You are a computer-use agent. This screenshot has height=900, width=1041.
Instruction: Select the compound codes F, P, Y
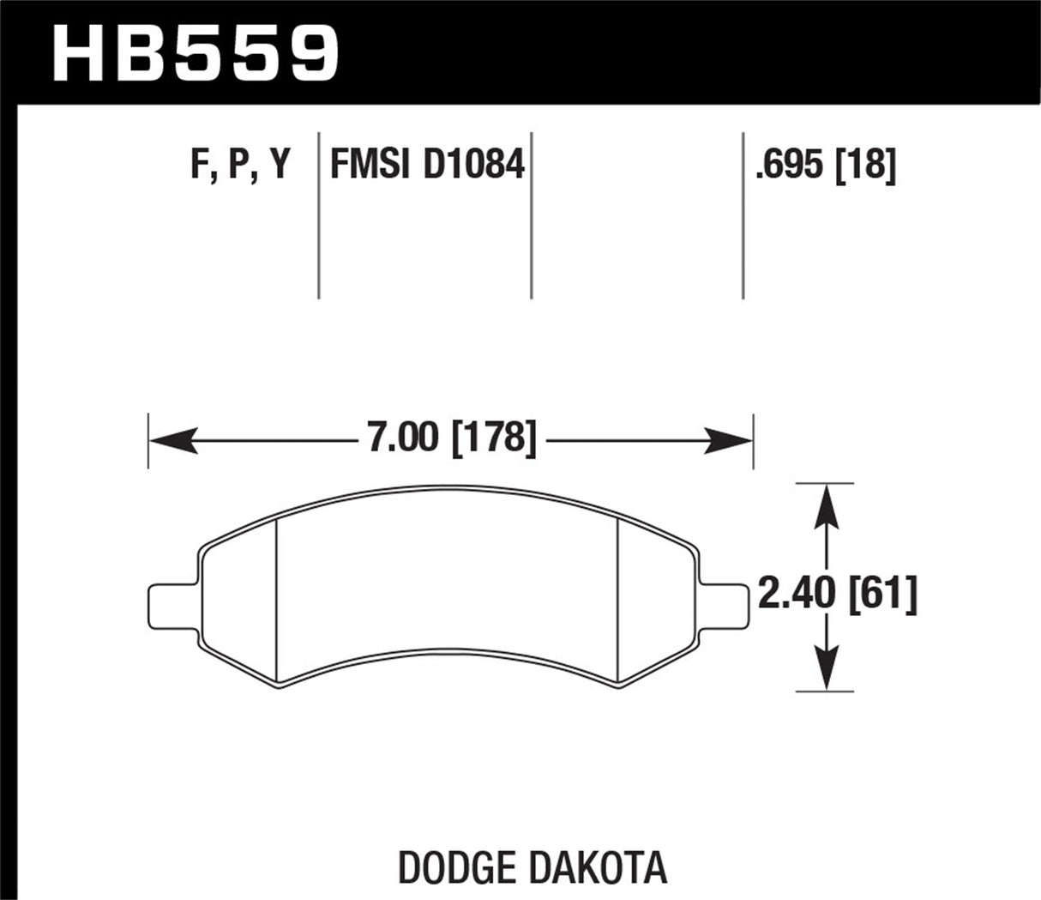[241, 163]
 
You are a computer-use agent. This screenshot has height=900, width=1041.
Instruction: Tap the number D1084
[472, 163]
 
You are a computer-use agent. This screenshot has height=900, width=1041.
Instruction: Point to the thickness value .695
[791, 163]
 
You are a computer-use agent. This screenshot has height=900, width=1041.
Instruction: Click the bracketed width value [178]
[494, 438]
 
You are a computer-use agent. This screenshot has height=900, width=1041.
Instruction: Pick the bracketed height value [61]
[883, 594]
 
